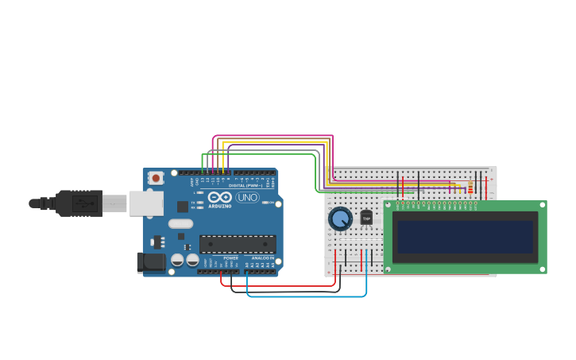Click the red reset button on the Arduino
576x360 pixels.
156,178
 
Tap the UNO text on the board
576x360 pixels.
247,197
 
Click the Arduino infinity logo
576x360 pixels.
221,197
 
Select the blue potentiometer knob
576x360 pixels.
340,219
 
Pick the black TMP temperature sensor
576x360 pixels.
366,217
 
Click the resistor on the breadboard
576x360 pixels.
470,188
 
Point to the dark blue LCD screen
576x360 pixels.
466,236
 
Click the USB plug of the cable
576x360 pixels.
79,203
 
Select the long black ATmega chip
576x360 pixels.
238,244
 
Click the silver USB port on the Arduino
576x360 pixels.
146,203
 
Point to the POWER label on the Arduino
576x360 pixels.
230,258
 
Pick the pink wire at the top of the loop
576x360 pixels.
270,136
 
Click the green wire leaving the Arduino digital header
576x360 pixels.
262,154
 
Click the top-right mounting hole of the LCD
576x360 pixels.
542,205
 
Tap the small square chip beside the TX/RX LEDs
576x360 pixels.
183,207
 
